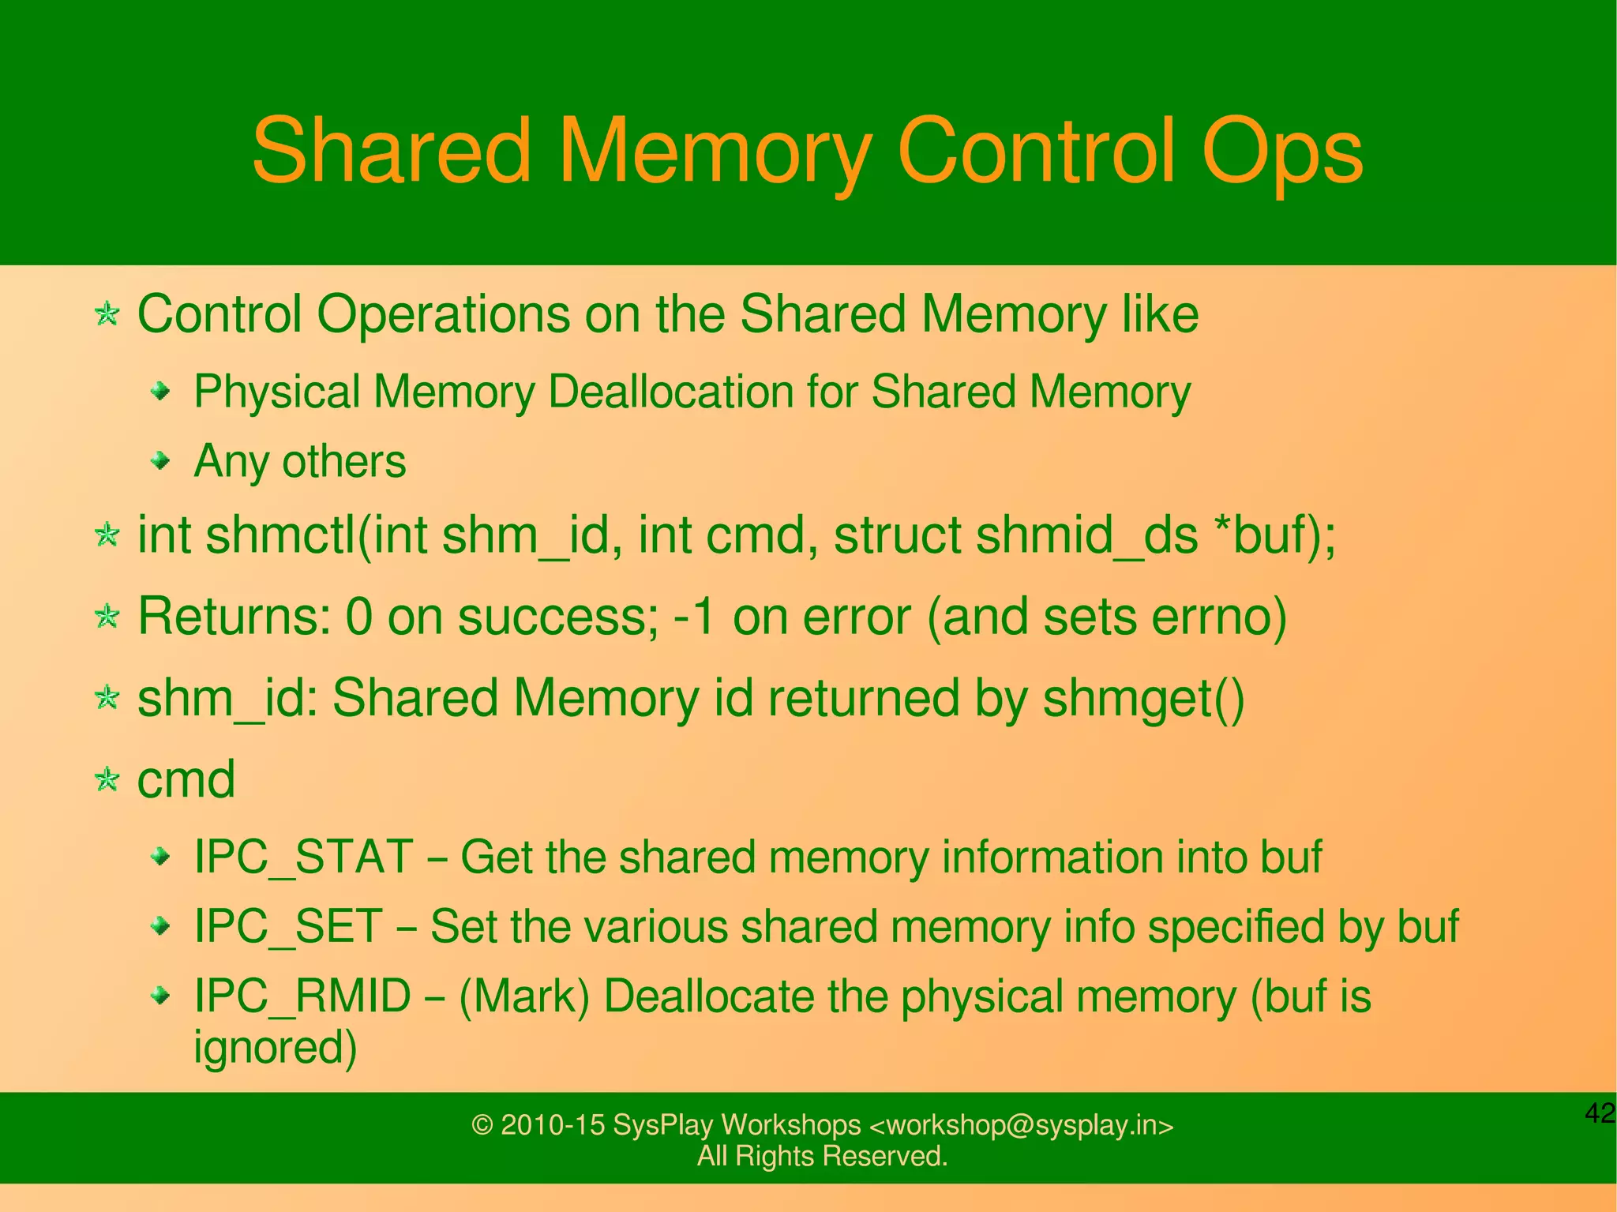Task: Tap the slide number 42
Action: click(x=1600, y=1113)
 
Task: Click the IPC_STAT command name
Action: click(x=303, y=857)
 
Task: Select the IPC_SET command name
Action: click(x=288, y=926)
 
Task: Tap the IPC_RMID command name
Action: click(x=302, y=996)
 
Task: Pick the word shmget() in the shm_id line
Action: click(x=1143, y=699)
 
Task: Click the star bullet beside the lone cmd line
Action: click(x=107, y=780)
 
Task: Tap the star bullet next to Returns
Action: click(x=107, y=616)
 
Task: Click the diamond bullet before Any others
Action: click(x=161, y=460)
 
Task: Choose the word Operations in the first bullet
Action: click(x=443, y=314)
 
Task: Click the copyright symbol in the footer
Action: click(x=482, y=1125)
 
